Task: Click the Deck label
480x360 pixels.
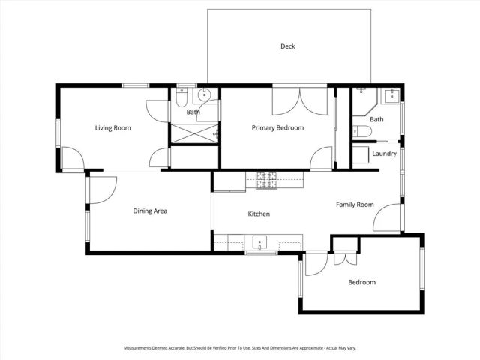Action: coord(288,46)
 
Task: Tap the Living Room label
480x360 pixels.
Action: coord(112,128)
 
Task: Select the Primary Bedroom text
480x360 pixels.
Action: coord(277,128)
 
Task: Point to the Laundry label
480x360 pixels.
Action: coord(384,154)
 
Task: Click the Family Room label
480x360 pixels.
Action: coord(354,205)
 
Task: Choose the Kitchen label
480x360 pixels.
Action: coord(259,214)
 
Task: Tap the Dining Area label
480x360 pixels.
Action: coord(150,211)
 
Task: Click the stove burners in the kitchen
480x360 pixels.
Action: coord(265,180)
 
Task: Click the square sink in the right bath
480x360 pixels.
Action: coord(391,95)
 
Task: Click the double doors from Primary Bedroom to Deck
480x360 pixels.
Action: coord(299,100)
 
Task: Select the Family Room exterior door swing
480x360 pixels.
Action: coord(388,218)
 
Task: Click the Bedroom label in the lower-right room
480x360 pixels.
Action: coord(361,283)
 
